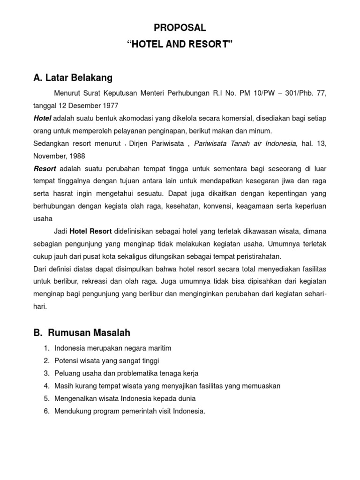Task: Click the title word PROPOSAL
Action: pos(180,28)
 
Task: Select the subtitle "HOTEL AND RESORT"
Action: pos(180,45)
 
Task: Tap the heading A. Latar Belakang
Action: pos(73,77)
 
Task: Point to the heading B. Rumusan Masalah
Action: pos(82,333)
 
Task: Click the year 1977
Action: pos(109,105)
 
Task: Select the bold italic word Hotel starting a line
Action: pos(42,118)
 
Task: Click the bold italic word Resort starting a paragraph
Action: pos(45,168)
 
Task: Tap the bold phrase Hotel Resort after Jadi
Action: pos(90,231)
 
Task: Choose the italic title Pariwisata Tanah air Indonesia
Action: pos(246,143)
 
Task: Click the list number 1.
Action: pos(46,348)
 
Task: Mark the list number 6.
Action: pos(46,411)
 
